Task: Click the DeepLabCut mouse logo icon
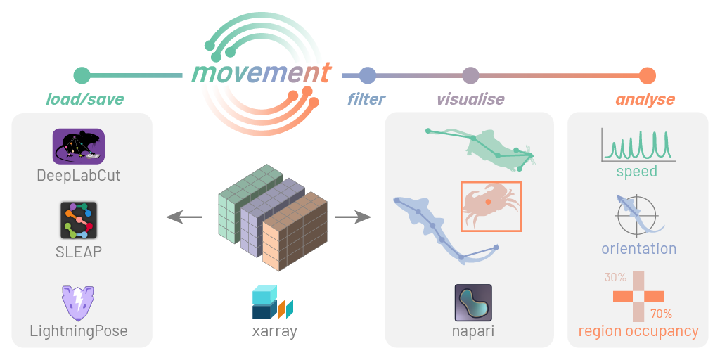point(79,146)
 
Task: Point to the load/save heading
point(85,99)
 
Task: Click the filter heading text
point(366,99)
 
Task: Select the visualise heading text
point(470,99)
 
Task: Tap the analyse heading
point(645,100)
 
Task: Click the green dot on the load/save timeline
point(82,75)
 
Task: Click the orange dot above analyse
point(648,75)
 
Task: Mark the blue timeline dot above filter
point(367,75)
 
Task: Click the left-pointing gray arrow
point(184,218)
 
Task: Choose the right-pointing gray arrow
point(353,218)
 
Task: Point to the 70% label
point(661,314)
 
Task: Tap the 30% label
point(615,277)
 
